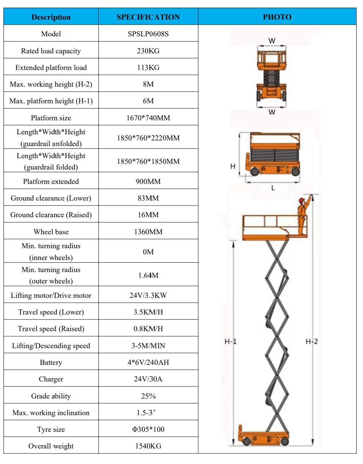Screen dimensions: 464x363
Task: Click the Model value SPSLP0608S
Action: [x=148, y=34]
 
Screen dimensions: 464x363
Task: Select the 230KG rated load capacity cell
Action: [x=148, y=51]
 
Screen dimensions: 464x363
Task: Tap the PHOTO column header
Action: [x=277, y=17]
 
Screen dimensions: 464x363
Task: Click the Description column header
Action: [x=51, y=17]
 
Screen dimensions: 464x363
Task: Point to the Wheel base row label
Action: [x=51, y=232]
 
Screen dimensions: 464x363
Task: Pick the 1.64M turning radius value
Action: [x=148, y=275]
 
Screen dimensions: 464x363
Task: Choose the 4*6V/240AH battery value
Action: [x=148, y=362]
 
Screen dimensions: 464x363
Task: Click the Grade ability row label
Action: [x=51, y=396]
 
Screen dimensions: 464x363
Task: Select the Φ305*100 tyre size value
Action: [x=148, y=430]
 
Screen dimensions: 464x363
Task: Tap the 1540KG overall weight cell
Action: [x=148, y=446]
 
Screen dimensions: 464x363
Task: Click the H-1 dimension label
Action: [x=231, y=342]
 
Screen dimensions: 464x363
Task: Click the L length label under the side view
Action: [x=273, y=187]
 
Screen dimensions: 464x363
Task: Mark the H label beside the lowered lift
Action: [x=233, y=166]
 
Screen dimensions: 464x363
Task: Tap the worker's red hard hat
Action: [x=302, y=200]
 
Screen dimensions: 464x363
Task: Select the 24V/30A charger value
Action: [x=148, y=379]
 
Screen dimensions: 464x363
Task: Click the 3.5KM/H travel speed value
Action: [x=148, y=312]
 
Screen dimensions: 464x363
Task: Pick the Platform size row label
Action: [x=51, y=118]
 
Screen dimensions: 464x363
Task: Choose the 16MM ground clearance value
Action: [x=148, y=215]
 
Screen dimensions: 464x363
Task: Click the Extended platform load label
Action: [x=51, y=68]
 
